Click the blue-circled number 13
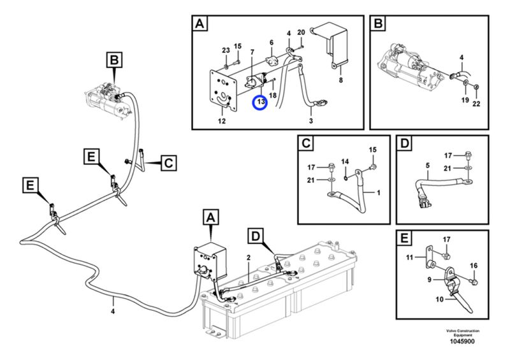tap(261, 102)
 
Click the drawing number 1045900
tap(462, 342)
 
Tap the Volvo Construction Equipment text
tap(463, 333)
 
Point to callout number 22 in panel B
tap(476, 104)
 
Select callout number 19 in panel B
tap(465, 100)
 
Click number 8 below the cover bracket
tap(340, 80)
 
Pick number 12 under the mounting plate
tap(222, 121)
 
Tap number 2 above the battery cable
tap(249, 258)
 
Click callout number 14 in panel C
tap(345, 162)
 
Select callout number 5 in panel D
tap(427, 166)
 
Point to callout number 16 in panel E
tap(474, 266)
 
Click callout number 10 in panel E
tap(439, 299)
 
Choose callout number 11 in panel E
tap(409, 257)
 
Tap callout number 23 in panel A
tap(226, 50)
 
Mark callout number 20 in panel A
tap(301, 32)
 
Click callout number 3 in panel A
tap(311, 121)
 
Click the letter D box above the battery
tap(256, 236)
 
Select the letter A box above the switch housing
tap(211, 217)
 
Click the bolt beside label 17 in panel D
tap(468, 154)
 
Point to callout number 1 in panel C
tap(378, 193)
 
